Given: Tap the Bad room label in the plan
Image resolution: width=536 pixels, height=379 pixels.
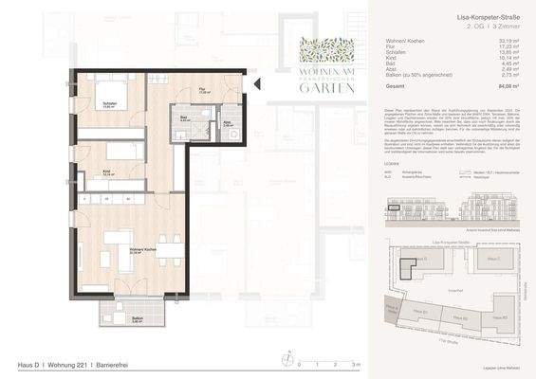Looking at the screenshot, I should (187, 120).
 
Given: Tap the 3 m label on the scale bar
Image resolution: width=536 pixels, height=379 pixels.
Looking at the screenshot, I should (356, 364).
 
